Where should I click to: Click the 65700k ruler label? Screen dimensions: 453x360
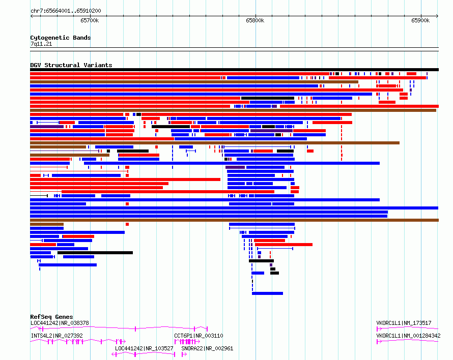click(x=90, y=20)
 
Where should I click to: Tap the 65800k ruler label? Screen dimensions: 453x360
click(x=255, y=20)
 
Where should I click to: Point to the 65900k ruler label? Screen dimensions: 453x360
click(x=420, y=20)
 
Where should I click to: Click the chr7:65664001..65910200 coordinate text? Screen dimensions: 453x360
click(x=66, y=11)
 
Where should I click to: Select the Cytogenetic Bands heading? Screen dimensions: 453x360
click(x=61, y=38)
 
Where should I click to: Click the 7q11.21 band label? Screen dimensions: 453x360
click(x=41, y=44)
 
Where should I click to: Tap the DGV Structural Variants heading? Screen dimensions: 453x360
click(x=71, y=65)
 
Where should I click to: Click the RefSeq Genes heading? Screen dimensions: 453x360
click(x=51, y=317)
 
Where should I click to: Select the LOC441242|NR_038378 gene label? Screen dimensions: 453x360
click(x=60, y=323)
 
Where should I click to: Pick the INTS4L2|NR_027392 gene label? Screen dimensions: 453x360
click(x=57, y=336)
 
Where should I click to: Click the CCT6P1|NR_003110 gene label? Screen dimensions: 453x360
click(x=199, y=336)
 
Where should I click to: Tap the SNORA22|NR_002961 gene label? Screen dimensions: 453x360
click(x=207, y=348)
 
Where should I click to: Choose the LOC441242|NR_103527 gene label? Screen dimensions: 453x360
click(x=144, y=348)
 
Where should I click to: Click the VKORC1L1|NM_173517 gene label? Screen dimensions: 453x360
click(x=404, y=323)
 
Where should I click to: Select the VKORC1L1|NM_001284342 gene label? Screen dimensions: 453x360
click(x=408, y=336)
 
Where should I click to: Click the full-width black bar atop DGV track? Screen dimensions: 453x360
click(x=234, y=70)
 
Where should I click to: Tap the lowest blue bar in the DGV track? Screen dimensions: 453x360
click(x=267, y=293)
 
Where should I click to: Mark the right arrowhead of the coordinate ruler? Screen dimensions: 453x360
click(x=438, y=16)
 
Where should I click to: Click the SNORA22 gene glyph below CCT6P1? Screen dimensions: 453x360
click(x=184, y=354)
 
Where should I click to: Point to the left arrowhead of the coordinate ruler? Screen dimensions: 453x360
click(x=31, y=16)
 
